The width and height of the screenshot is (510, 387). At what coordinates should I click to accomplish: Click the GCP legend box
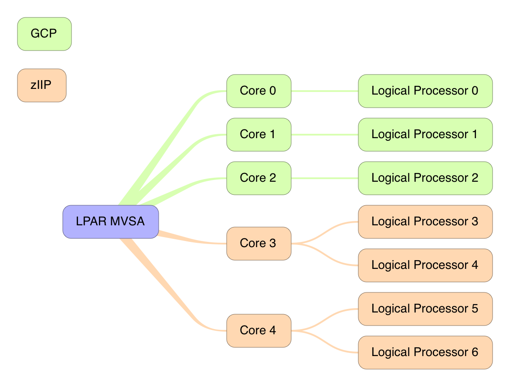pyautogui.click(x=44, y=34)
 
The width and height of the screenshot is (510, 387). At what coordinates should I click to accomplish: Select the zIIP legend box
pyautogui.click(x=41, y=85)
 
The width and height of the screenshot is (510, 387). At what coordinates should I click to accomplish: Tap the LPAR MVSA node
pyautogui.click(x=110, y=222)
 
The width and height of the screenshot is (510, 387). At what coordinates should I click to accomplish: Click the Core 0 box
pyautogui.click(x=258, y=91)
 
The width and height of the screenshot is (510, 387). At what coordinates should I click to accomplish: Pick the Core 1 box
pyautogui.click(x=258, y=135)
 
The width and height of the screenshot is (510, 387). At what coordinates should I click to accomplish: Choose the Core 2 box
pyautogui.click(x=258, y=178)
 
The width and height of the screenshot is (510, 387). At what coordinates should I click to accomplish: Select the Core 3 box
pyautogui.click(x=258, y=244)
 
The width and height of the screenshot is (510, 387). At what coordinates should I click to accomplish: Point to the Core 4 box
pyautogui.click(x=258, y=331)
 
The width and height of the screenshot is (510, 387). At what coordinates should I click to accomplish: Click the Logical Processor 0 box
pyautogui.click(x=425, y=91)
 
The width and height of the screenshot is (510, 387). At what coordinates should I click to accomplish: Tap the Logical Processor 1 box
pyautogui.click(x=425, y=135)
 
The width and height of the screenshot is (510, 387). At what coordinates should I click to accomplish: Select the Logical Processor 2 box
pyautogui.click(x=425, y=178)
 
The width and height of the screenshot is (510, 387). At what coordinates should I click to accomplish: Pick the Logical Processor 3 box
pyautogui.click(x=425, y=222)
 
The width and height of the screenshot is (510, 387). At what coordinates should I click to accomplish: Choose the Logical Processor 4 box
pyautogui.click(x=425, y=265)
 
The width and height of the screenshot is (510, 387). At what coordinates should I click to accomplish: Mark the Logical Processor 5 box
pyautogui.click(x=425, y=309)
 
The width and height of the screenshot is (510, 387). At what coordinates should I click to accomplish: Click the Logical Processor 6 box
pyautogui.click(x=425, y=353)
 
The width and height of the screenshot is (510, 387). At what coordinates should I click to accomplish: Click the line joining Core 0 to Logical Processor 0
pyautogui.click(x=325, y=91)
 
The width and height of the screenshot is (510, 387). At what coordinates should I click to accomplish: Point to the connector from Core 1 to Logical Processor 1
pyautogui.click(x=325, y=135)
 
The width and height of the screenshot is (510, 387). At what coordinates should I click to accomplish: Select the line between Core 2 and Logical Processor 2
pyautogui.click(x=325, y=178)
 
